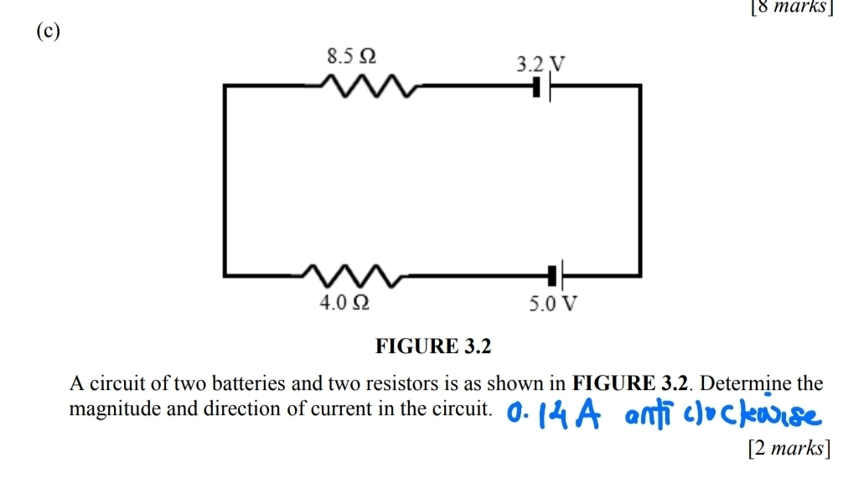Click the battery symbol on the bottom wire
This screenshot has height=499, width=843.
556,273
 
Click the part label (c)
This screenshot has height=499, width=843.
51,28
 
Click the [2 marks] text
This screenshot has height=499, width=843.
788,449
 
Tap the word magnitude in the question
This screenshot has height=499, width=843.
106,408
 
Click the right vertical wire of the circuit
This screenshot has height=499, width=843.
640,179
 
